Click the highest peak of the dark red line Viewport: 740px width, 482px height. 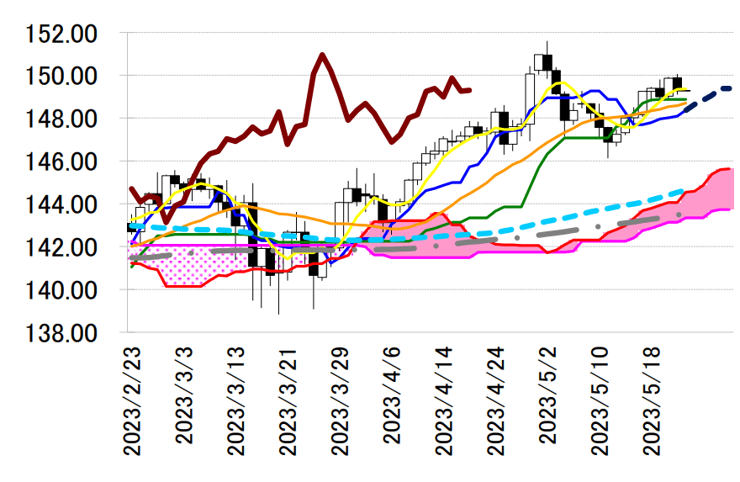(x=323, y=55)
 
